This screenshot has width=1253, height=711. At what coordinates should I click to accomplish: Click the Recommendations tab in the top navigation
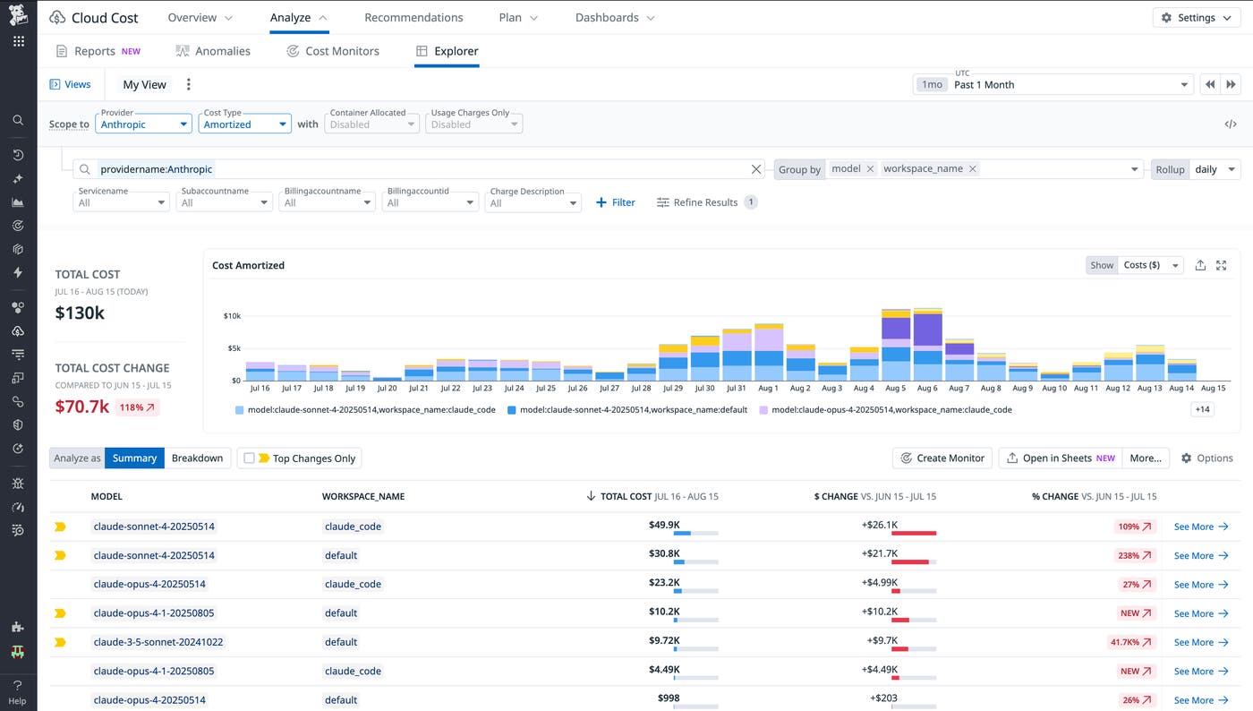click(x=413, y=18)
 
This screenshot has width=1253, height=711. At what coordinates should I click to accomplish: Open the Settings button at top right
click(x=1196, y=18)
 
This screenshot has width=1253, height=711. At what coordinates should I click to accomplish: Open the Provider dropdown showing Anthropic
click(x=143, y=124)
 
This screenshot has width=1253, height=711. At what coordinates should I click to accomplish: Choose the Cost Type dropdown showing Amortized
click(x=244, y=124)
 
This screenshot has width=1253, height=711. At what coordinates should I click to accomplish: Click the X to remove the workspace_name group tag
click(x=973, y=168)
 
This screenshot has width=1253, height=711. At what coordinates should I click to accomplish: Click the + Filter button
click(x=616, y=202)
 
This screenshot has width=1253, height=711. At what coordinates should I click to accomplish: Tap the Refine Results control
click(x=706, y=202)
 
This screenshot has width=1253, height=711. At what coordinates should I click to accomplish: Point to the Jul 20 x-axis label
click(x=387, y=389)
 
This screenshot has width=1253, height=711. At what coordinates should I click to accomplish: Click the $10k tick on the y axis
click(x=232, y=316)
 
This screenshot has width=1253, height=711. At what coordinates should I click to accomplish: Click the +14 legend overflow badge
click(x=1202, y=409)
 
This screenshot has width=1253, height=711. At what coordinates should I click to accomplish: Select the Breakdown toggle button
click(x=197, y=458)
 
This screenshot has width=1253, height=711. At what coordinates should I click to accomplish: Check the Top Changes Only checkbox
click(x=250, y=458)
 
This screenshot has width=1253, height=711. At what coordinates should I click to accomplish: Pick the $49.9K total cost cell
click(x=664, y=526)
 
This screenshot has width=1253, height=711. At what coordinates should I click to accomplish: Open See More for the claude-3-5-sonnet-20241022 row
click(x=1200, y=642)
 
